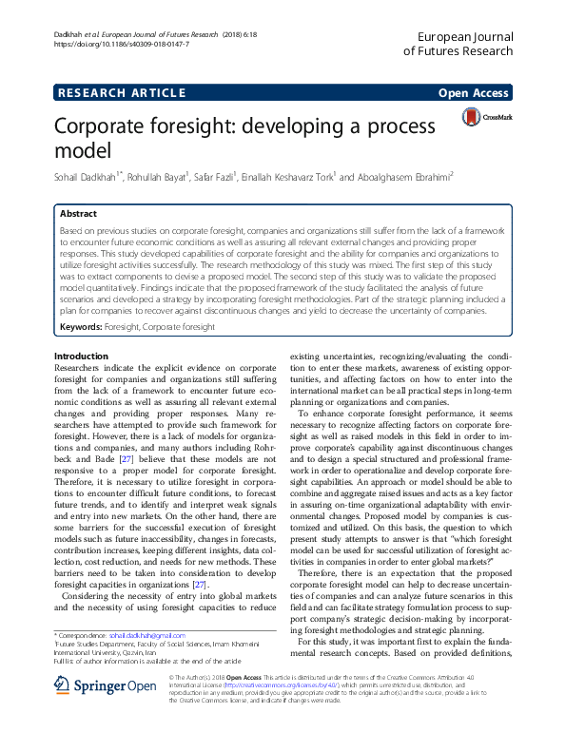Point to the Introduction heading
click(x=81, y=356)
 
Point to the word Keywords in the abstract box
click(x=80, y=327)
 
